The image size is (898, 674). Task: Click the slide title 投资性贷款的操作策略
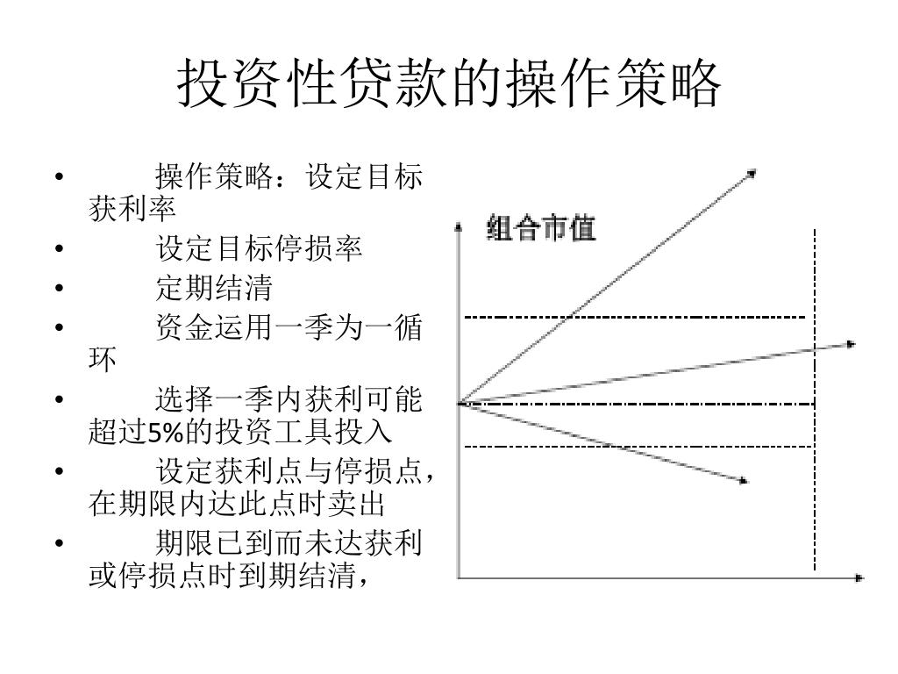[449, 83]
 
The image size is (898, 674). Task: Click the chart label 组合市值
[541, 229]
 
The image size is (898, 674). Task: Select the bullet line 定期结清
[214, 287]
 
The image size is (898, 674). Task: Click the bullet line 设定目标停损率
[259, 249]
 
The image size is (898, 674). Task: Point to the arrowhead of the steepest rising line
[752, 172]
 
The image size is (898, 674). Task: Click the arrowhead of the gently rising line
[851, 344]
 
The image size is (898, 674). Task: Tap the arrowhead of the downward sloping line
[744, 480]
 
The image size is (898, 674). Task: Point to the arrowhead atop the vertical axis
[458, 226]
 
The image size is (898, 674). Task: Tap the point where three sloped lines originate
[460, 403]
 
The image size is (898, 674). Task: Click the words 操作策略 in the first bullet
[214, 178]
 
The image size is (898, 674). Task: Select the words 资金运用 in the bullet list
[214, 329]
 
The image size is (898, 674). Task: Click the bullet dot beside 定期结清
[59, 288]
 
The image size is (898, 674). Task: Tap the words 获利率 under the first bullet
[132, 209]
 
